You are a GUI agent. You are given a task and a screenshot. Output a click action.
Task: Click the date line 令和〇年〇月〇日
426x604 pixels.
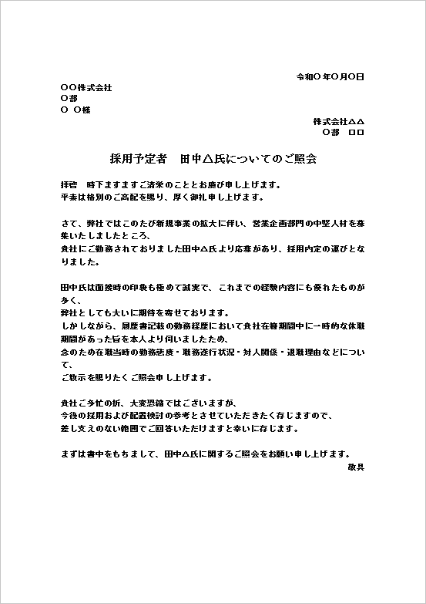[x=330, y=77]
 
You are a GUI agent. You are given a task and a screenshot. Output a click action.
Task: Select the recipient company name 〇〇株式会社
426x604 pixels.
[x=86, y=88]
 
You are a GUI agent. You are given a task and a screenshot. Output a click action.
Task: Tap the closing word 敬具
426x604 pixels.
[x=356, y=467]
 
